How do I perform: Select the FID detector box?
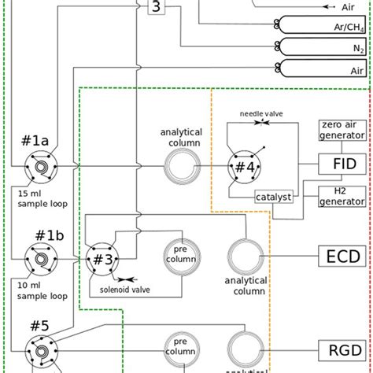341,164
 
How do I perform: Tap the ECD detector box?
341,256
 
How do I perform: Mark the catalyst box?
272,197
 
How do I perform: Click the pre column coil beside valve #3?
180,256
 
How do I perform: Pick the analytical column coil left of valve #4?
180,167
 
